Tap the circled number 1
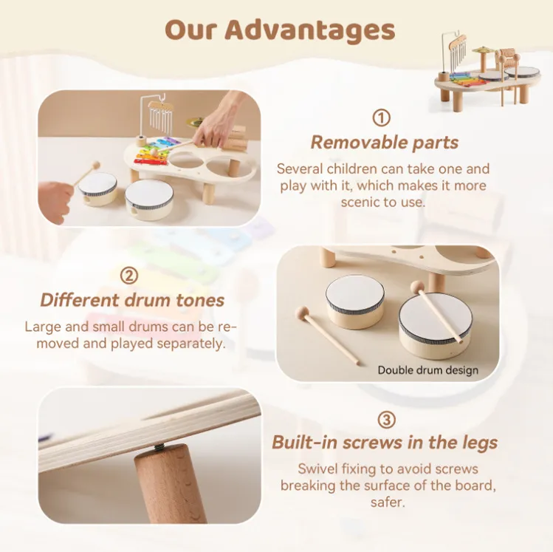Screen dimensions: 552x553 point(381,118)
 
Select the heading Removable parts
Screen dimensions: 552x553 point(384,143)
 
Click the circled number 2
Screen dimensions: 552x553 point(129,276)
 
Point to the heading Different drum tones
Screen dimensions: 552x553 point(132,300)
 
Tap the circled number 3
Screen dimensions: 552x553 point(385,420)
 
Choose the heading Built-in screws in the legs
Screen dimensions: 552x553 point(385,443)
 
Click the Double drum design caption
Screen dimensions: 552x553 point(427,370)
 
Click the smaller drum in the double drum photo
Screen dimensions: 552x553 point(354,300)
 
